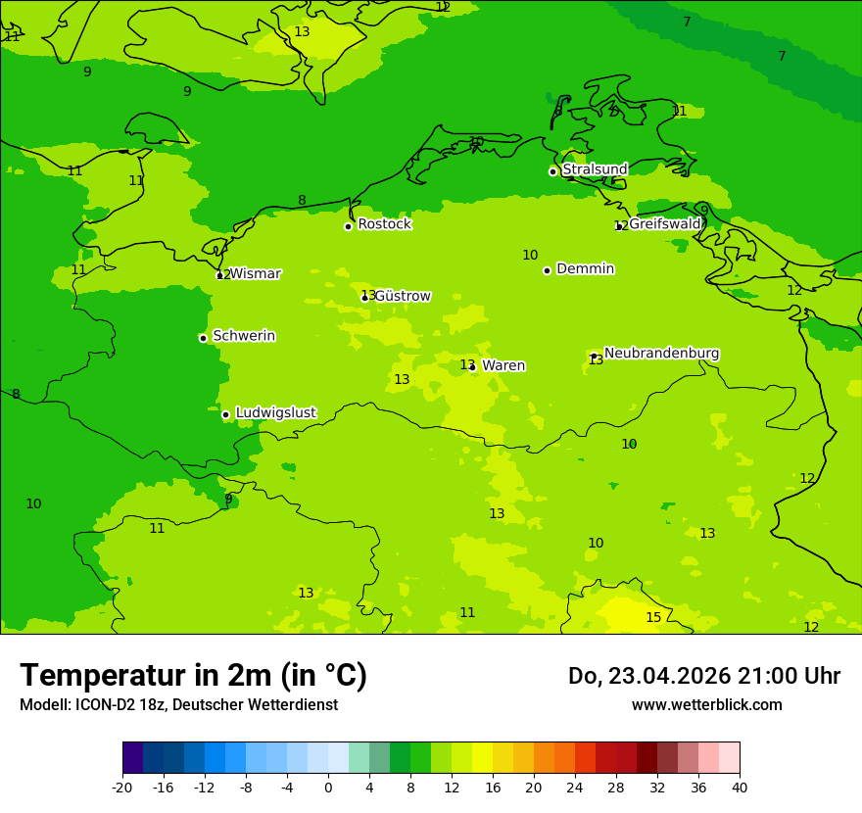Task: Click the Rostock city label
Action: [384, 224]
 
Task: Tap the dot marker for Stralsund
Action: [552, 171]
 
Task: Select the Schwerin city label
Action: [244, 336]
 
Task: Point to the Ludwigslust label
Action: [275, 413]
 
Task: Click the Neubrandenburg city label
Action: [661, 354]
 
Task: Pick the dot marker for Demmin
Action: [547, 270]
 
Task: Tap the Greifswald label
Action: [664, 224]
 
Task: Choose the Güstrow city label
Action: [402, 296]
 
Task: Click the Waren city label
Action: [503, 365]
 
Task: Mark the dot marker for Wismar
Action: [219, 275]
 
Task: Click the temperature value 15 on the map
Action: [653, 617]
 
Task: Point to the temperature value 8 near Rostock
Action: [302, 201]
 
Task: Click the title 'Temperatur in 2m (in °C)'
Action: [193, 676]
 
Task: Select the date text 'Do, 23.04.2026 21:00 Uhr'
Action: [704, 676]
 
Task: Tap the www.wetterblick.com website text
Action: [706, 704]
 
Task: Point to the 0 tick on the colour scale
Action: [328, 787]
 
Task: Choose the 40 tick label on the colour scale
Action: [740, 787]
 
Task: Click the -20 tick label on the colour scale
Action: [122, 787]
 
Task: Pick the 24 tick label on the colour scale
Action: [575, 787]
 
